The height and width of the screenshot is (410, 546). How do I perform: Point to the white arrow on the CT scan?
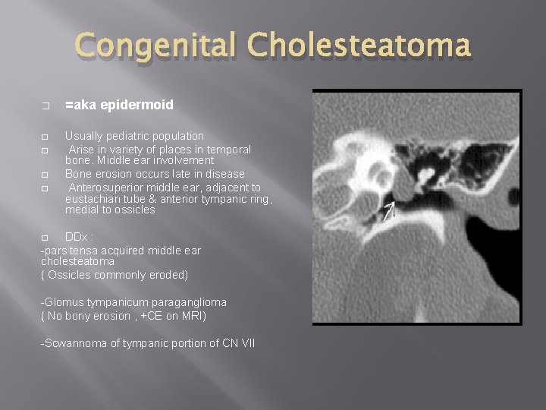click(388, 211)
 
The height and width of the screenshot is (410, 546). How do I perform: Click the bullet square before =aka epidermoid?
click(45, 106)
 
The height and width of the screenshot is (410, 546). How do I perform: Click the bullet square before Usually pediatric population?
click(45, 137)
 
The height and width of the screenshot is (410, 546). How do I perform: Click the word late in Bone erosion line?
click(173, 174)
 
